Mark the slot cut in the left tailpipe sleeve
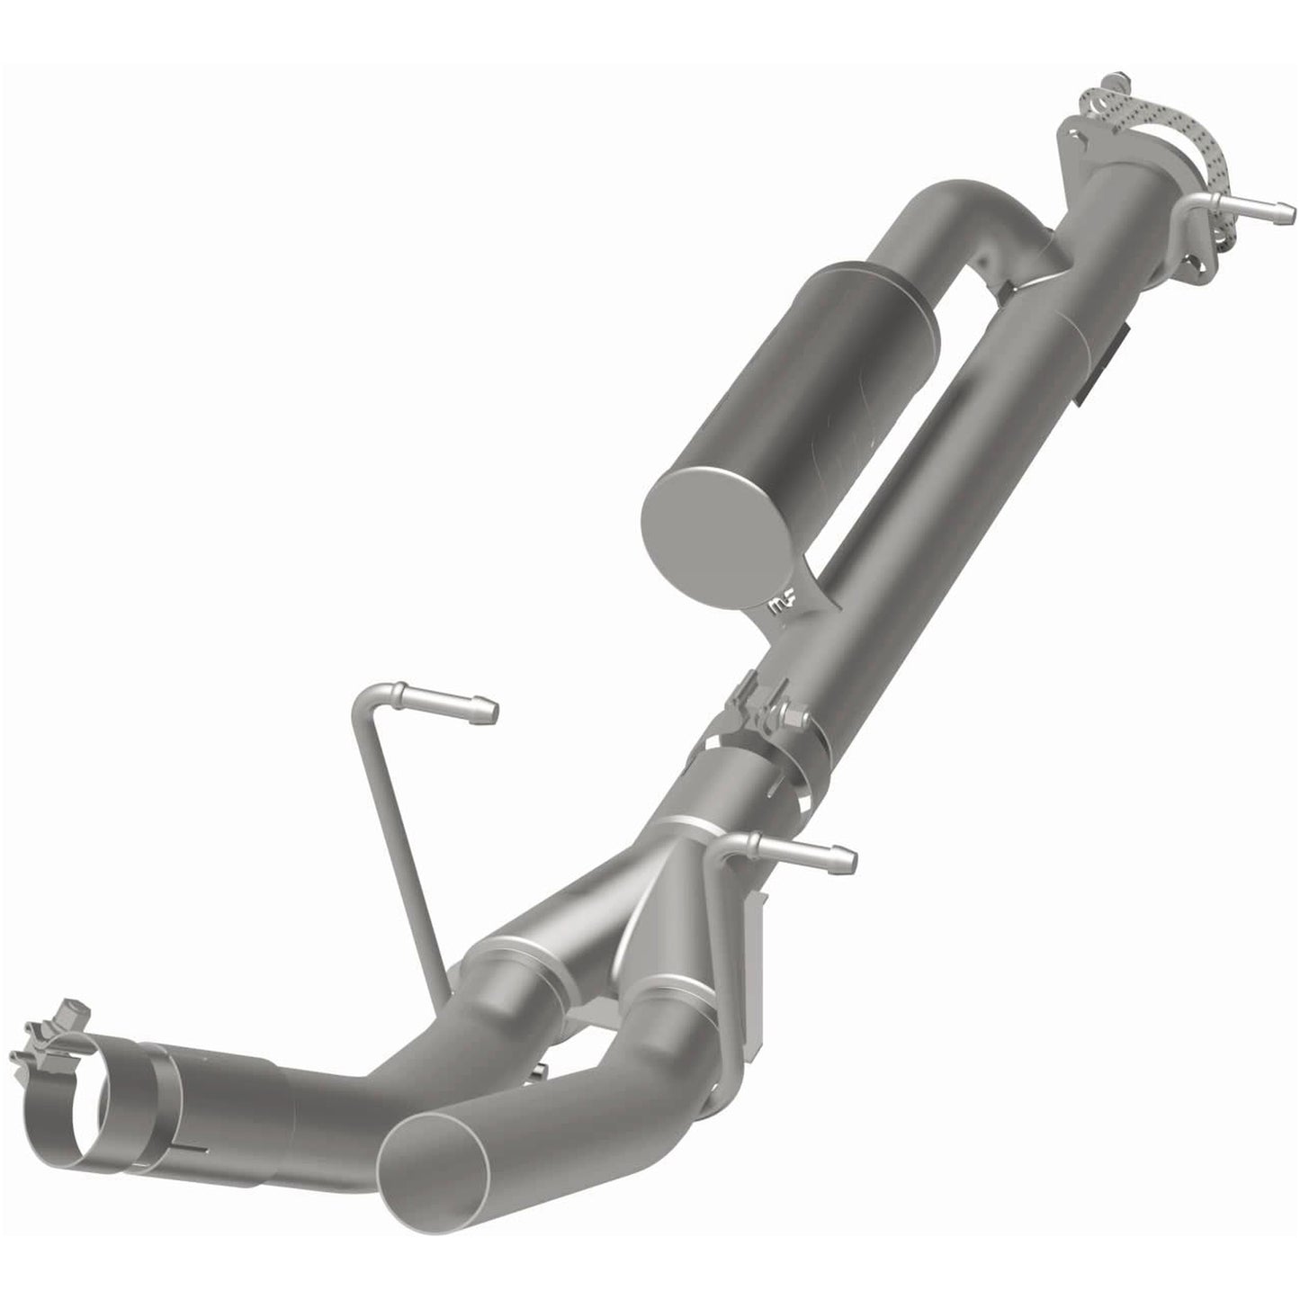click(x=193, y=1152)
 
